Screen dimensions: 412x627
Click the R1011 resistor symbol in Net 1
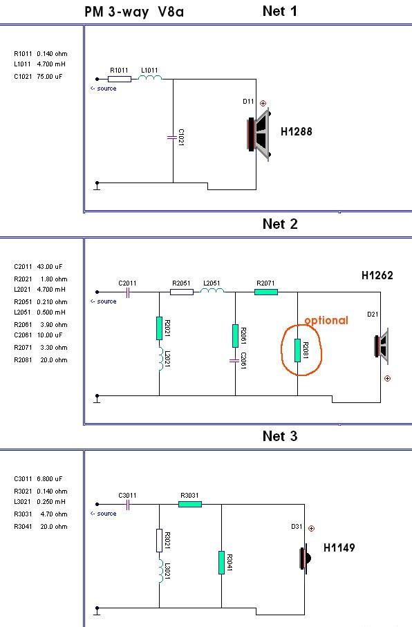pos(119,79)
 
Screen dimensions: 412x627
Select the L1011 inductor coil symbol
pos(150,78)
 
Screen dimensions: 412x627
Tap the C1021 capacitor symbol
pos(172,138)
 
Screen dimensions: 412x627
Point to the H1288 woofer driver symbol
pos(259,134)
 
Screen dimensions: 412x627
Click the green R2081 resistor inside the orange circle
pos(298,350)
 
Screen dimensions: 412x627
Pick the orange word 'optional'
pos(326,320)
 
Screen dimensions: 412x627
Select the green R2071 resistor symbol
pos(266,292)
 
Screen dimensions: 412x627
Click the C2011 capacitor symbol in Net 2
pos(128,293)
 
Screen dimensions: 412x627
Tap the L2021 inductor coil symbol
pos(160,359)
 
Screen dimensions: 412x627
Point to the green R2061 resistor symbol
pos(235,336)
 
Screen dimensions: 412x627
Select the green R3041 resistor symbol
pos(222,563)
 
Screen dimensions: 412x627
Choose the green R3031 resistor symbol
pos(190,504)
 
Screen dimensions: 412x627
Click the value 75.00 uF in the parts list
pos(50,76)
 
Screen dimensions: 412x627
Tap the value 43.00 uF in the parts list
pos(50,266)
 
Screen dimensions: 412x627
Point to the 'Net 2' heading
pos(280,224)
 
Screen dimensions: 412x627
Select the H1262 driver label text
pos(377,275)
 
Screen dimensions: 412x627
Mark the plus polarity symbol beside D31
pos(312,528)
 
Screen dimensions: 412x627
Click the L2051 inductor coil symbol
pos(212,291)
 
